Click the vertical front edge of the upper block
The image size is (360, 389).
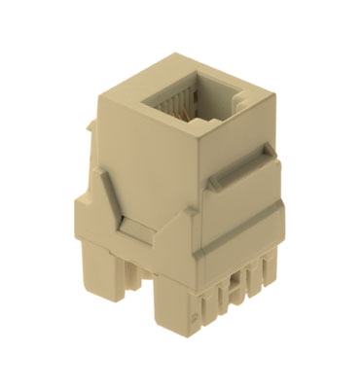coord(195,194)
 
